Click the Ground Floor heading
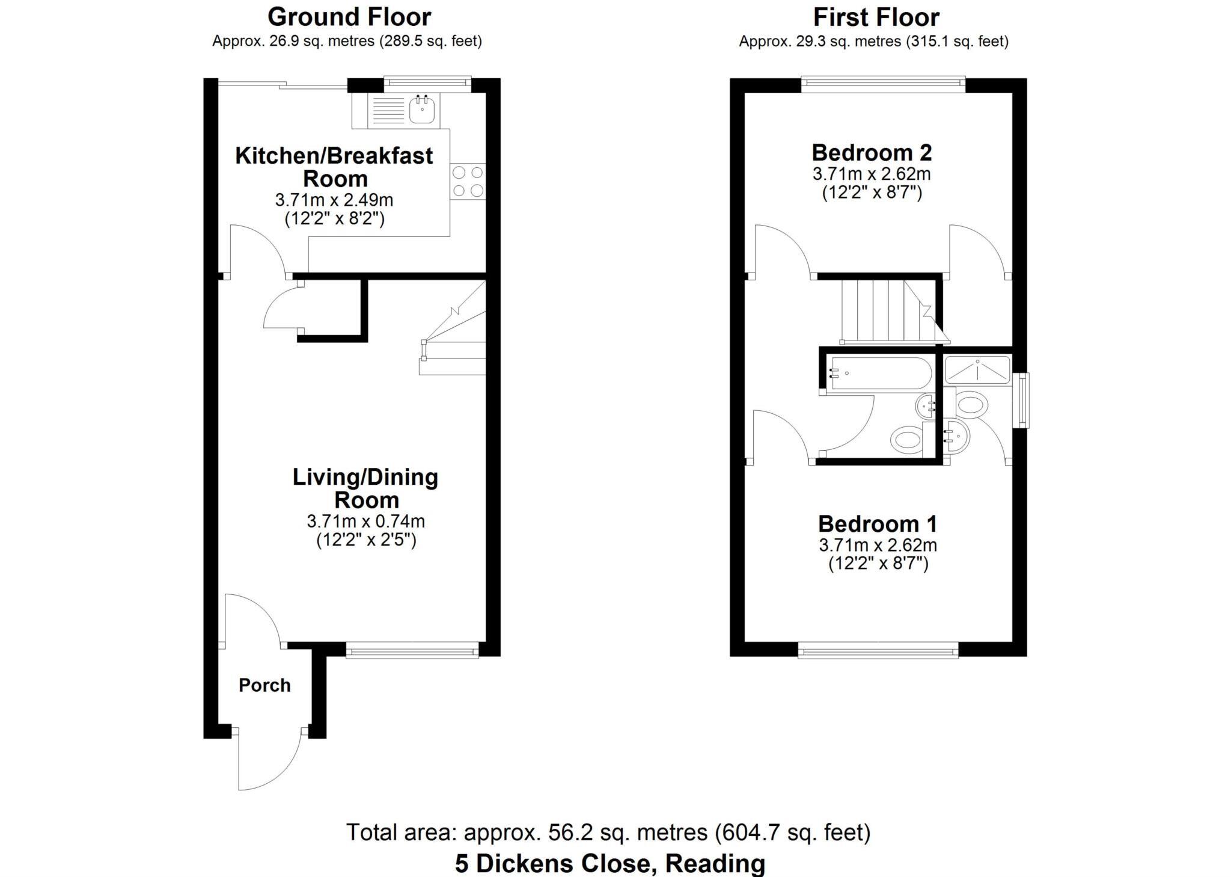(349, 17)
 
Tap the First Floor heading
(876, 17)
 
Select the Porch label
(264, 685)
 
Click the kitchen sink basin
(422, 110)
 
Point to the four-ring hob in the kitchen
(468, 182)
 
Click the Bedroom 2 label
(872, 153)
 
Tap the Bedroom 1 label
(878, 524)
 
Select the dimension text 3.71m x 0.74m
(365, 521)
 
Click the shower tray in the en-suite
(977, 369)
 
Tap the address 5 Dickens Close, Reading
(609, 863)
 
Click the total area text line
(608, 832)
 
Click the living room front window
(412, 650)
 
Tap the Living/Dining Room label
(365, 488)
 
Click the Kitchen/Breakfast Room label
(334, 167)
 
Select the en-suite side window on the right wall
(1021, 400)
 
